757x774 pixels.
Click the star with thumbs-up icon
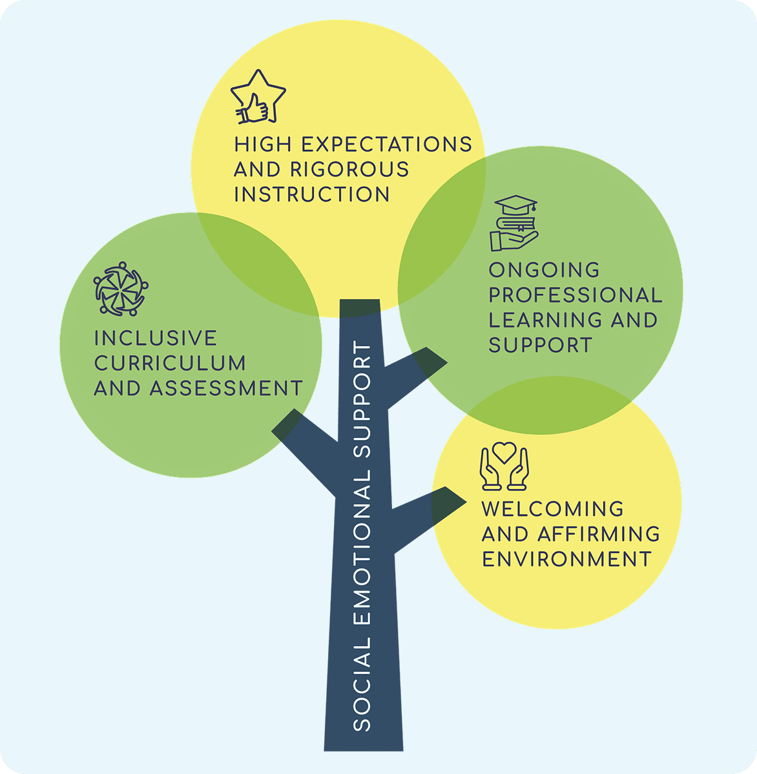pyautogui.click(x=258, y=97)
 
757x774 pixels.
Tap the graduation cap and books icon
pyautogui.click(x=514, y=223)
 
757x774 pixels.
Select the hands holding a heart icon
pyautogui.click(x=504, y=466)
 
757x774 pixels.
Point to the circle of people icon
pyautogui.click(x=121, y=289)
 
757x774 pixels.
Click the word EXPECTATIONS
pyautogui.click(x=387, y=145)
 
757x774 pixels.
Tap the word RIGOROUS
pyautogui.click(x=349, y=169)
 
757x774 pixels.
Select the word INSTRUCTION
pyautogui.click(x=312, y=194)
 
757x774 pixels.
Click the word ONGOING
pyautogui.click(x=544, y=270)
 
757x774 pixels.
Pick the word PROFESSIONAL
pyautogui.click(x=576, y=295)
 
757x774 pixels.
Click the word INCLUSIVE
pyautogui.click(x=156, y=338)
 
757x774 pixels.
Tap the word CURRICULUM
pyautogui.click(x=170, y=363)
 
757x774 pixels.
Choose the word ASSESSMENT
pyautogui.click(x=226, y=388)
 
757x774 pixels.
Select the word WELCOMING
pyautogui.click(x=553, y=509)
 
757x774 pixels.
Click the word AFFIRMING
pyautogui.click(x=599, y=534)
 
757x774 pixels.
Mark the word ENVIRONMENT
pyautogui.click(x=566, y=560)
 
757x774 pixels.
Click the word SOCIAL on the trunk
pyautogui.click(x=362, y=684)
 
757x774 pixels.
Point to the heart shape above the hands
pyautogui.click(x=504, y=452)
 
